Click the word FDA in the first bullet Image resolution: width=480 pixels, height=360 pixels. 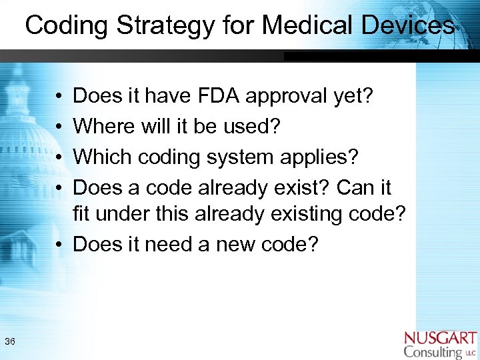click(x=219, y=97)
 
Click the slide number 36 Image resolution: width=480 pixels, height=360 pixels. click(x=10, y=342)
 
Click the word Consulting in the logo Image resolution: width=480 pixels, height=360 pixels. click(x=433, y=352)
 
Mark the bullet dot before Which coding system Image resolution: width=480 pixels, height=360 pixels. click(x=59, y=157)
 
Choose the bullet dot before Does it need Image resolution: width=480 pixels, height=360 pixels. click(x=59, y=245)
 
